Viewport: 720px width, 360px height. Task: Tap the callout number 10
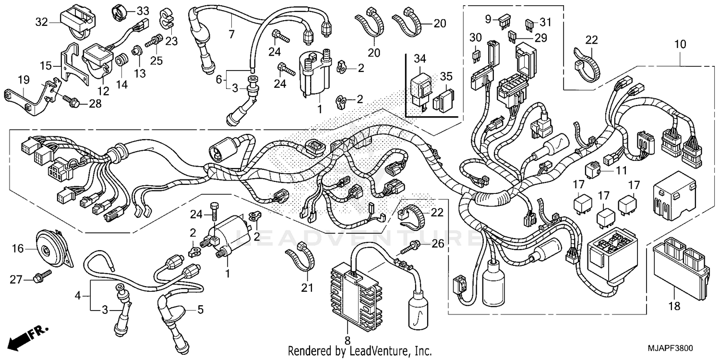point(680,44)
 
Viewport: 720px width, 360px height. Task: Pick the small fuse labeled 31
point(530,23)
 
